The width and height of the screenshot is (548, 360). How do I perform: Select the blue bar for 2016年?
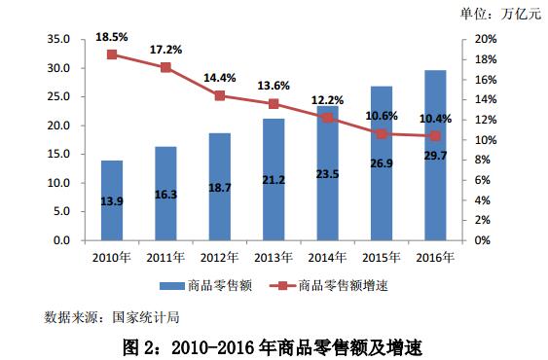[436, 165]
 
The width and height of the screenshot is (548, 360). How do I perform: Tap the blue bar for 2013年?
[274, 180]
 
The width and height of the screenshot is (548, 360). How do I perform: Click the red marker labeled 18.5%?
[112, 54]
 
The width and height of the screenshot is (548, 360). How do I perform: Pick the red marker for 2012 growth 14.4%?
[220, 95]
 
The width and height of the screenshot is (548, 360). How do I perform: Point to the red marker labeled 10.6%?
[383, 133]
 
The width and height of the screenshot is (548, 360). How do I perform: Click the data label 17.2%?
[164, 49]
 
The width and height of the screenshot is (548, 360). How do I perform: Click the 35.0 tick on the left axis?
[58, 40]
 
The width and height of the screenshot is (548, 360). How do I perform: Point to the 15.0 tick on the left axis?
[58, 154]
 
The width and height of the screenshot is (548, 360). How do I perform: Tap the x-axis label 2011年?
[165, 256]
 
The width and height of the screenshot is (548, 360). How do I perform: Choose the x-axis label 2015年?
[383, 256]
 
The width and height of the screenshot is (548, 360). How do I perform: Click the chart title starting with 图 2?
[275, 344]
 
